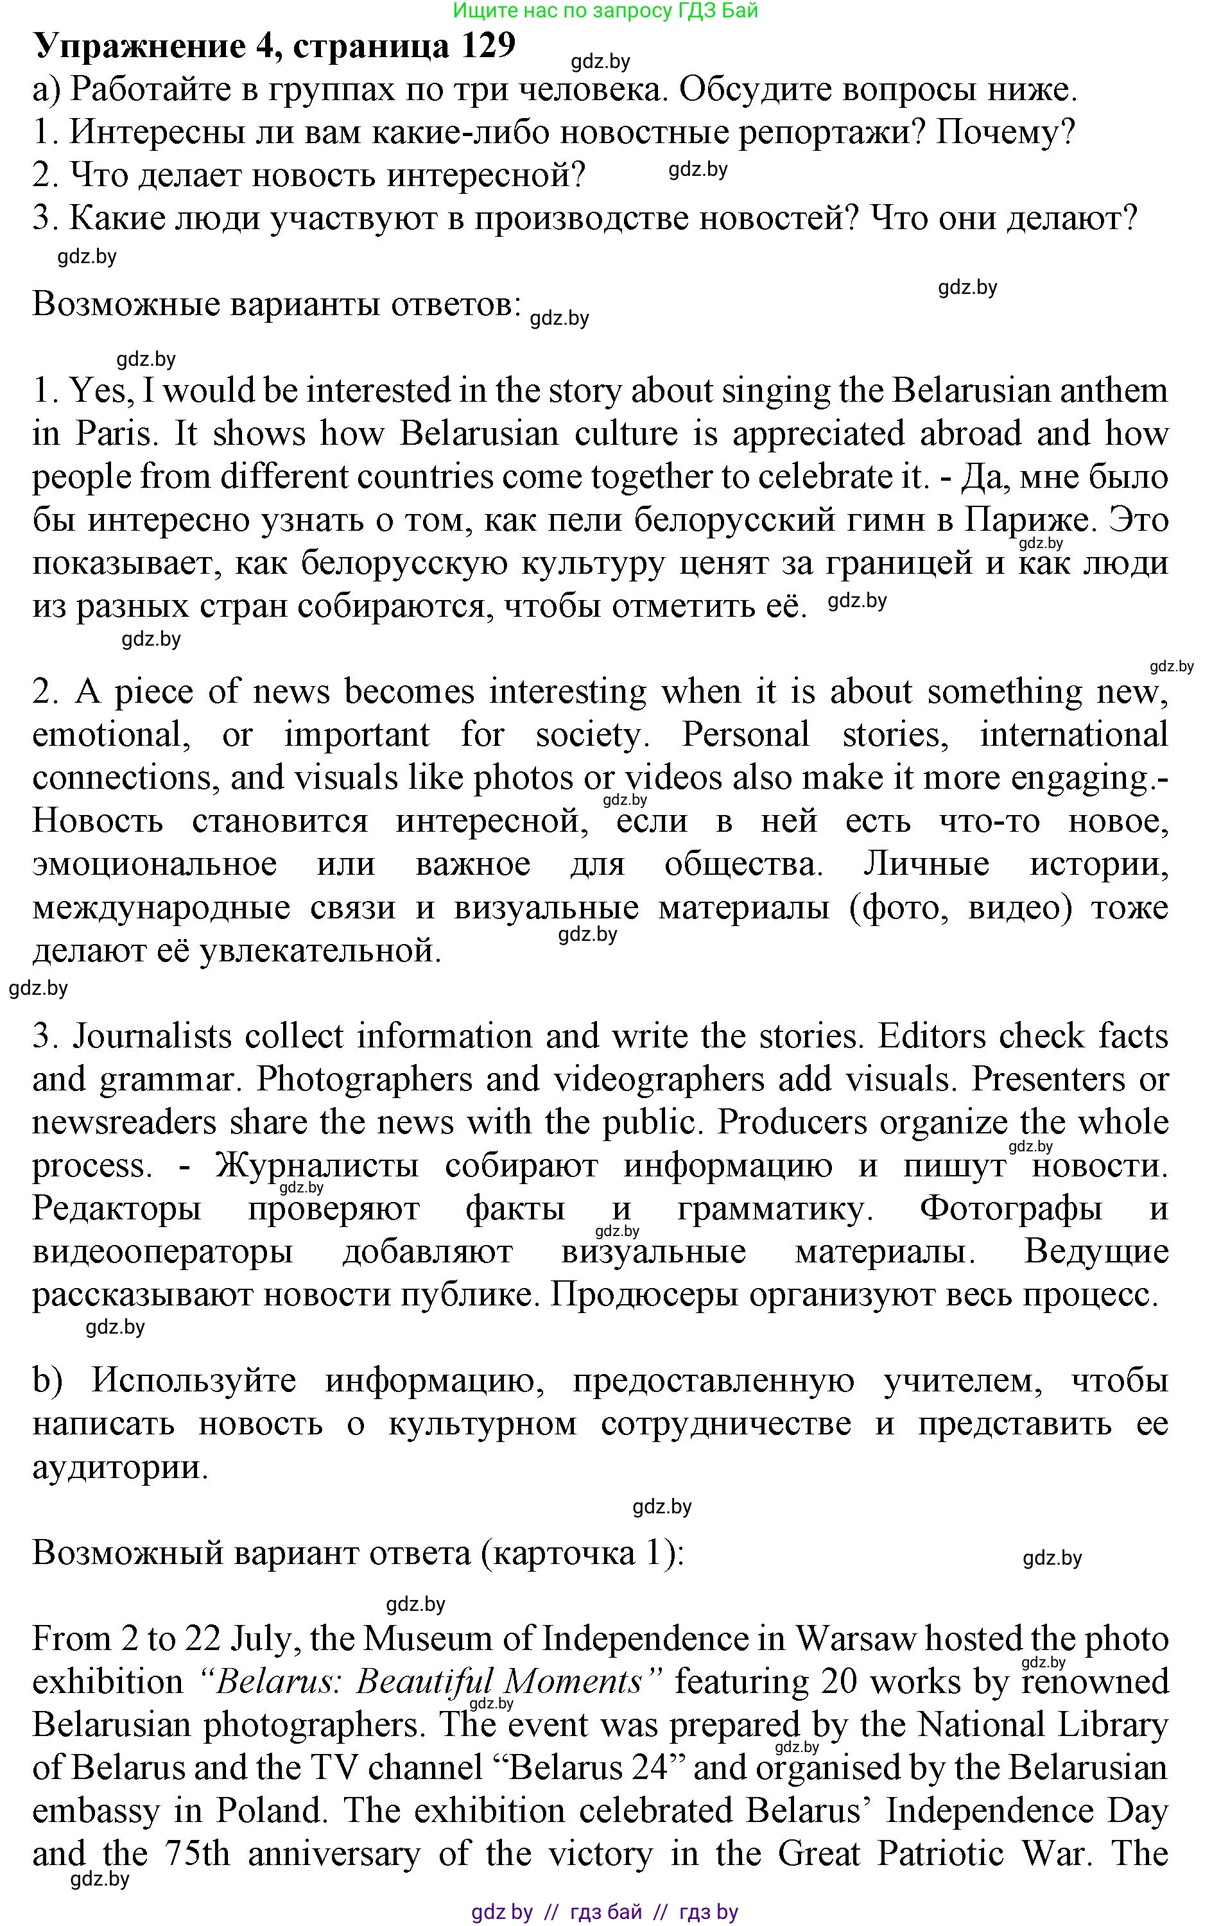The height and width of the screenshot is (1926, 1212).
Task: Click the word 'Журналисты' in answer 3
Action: [x=318, y=1166]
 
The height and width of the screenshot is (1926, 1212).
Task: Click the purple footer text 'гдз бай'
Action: [x=605, y=1913]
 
